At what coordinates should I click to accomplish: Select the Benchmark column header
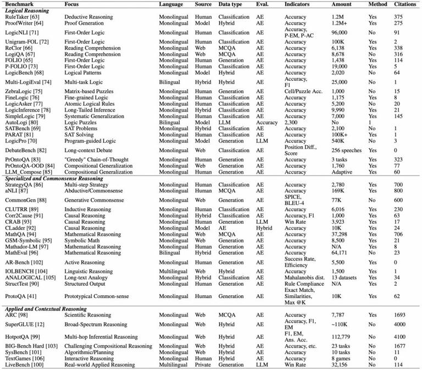[18, 4]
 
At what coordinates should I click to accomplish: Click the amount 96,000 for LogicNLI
[340, 32]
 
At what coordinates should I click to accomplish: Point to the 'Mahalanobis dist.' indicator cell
[304, 278]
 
